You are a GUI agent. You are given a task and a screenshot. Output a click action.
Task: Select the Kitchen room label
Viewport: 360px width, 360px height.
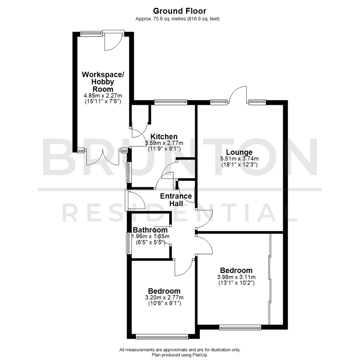click(164, 137)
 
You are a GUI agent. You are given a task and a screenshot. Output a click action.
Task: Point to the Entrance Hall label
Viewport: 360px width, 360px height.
click(176, 200)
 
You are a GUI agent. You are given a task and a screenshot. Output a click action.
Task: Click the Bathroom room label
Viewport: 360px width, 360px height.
click(150, 230)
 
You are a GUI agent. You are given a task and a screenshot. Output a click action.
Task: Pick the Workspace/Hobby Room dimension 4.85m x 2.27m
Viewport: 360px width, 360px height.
click(103, 96)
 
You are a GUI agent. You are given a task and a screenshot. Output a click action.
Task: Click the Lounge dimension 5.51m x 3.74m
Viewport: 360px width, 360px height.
click(239, 158)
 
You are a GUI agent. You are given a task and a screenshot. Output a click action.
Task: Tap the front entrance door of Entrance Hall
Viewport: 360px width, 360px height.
click(137, 201)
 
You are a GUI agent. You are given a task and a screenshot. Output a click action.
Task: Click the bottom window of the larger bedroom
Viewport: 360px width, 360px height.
click(240, 327)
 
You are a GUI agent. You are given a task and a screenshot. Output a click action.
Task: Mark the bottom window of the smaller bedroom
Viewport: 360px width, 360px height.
click(162, 337)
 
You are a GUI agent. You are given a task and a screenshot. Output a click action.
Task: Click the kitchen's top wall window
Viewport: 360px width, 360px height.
click(171, 102)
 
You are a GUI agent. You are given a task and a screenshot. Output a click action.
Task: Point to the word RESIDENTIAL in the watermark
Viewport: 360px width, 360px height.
click(180, 213)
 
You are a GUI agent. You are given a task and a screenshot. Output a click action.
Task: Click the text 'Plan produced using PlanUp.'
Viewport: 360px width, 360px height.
click(180, 355)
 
